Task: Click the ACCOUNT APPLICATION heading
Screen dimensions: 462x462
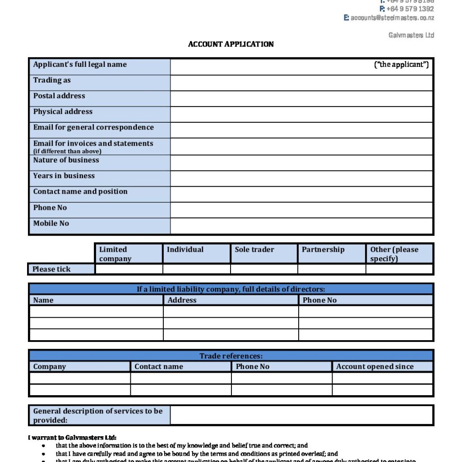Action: [231, 44]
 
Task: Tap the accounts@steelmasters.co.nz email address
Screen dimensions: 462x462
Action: [392, 18]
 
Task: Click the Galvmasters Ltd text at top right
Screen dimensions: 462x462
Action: [411, 35]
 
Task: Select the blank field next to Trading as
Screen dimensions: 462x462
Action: [301, 83]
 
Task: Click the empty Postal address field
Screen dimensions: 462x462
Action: [301, 98]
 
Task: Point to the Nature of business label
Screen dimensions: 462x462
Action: [66, 160]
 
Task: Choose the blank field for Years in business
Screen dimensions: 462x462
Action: [301, 178]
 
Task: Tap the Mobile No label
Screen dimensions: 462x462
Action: [51, 223]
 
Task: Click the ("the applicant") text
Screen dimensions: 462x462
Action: [401, 65]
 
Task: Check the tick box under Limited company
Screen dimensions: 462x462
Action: [129, 269]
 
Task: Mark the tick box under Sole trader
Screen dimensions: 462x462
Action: [264, 269]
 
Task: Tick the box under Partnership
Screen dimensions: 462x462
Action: [332, 269]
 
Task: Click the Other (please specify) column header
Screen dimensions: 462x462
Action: [394, 254]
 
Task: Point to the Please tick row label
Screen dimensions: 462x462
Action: [51, 269]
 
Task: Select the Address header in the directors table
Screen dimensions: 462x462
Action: [182, 300]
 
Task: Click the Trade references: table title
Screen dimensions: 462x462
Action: [231, 356]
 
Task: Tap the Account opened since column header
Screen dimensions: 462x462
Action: [374, 367]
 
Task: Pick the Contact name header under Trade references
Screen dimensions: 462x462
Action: [159, 367]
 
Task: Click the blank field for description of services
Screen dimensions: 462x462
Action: [301, 415]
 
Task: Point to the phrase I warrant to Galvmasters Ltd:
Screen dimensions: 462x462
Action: [72, 438]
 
